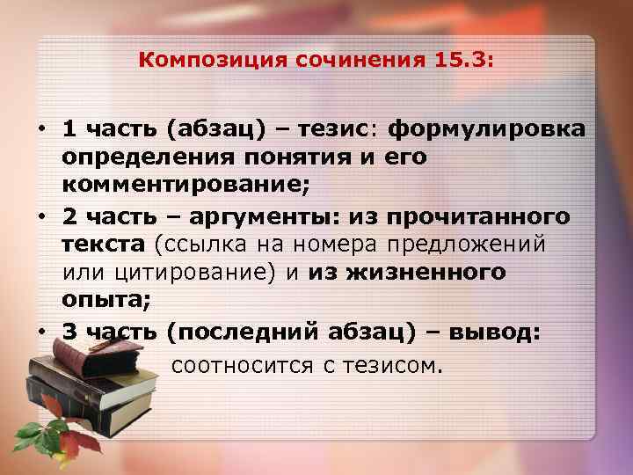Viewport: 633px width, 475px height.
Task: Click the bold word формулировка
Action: (x=486, y=130)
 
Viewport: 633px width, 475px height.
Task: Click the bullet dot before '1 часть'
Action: (x=41, y=130)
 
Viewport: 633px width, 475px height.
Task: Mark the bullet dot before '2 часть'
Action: (x=41, y=216)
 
